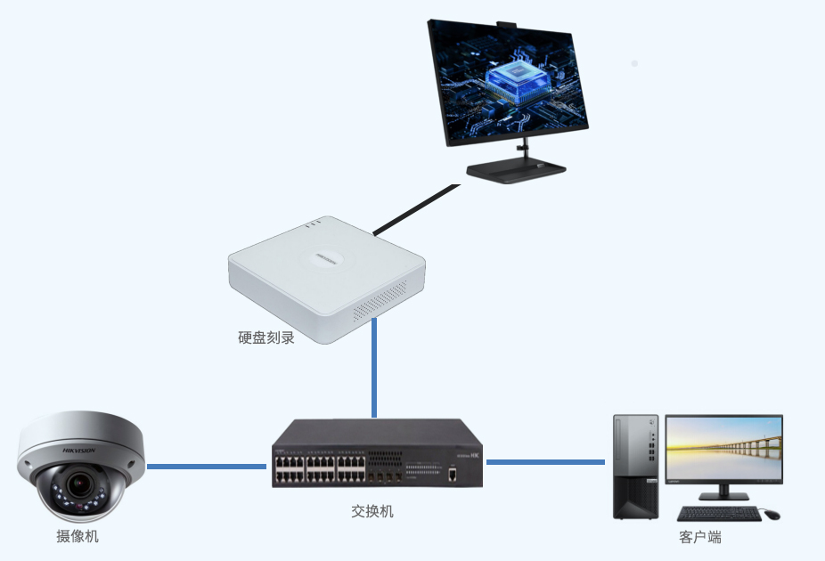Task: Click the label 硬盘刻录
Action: pos(265,338)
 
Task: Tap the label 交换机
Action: pos(372,512)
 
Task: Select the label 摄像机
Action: pos(78,536)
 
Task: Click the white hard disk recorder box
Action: pos(326,275)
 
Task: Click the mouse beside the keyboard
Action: pos(771,515)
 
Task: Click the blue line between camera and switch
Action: pos(207,466)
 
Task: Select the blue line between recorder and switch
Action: pos(374,369)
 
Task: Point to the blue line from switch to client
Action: pos(545,461)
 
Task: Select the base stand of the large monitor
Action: pos(516,171)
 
